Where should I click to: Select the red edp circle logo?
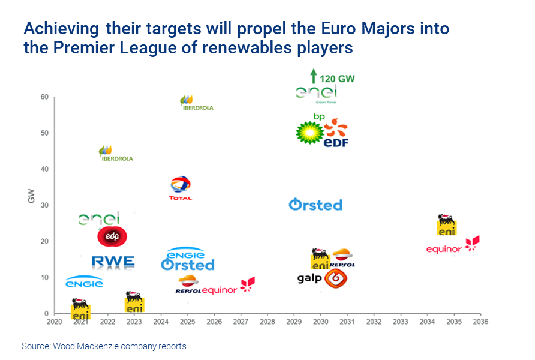[x=112, y=236]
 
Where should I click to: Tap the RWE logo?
[x=113, y=262]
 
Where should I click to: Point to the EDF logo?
[x=336, y=134]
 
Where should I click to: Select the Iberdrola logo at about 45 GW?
[x=115, y=154]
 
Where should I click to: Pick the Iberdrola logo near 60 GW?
[x=196, y=103]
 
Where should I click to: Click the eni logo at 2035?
[x=446, y=224]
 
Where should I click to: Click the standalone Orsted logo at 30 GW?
[x=315, y=205]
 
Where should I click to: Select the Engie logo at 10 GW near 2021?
[x=84, y=282]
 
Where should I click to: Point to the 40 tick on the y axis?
[x=44, y=169]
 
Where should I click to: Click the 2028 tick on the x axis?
[x=267, y=322]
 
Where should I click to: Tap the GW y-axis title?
[x=31, y=195]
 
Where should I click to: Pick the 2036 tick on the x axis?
[x=480, y=322]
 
